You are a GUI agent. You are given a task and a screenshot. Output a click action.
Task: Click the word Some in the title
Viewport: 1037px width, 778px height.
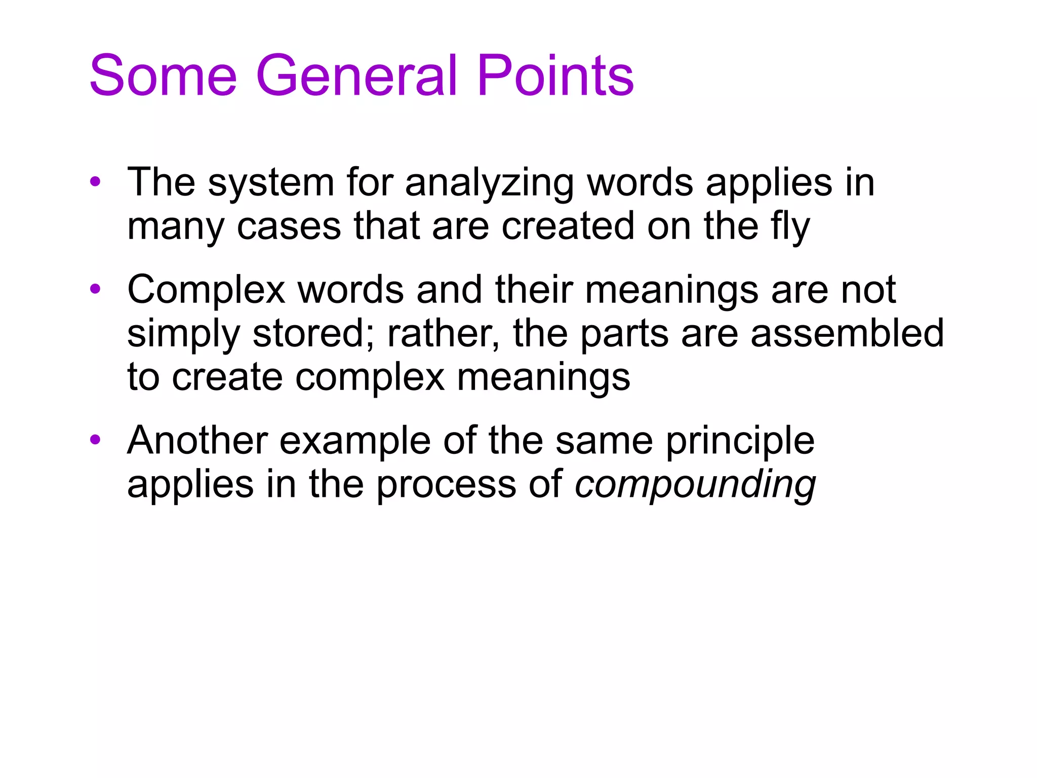163,76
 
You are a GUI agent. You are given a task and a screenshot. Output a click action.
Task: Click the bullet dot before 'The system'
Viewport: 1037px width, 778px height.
95,181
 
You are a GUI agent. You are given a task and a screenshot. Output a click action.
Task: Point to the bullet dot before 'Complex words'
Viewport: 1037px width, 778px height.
95,289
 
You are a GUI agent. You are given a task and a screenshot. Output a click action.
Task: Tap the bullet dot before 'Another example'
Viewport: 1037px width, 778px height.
95,440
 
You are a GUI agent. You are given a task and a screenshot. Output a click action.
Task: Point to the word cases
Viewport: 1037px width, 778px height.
289,226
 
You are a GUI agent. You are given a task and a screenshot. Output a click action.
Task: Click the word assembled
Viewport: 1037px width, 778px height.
847,333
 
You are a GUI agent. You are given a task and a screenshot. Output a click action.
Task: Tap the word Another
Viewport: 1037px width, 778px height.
197,440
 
